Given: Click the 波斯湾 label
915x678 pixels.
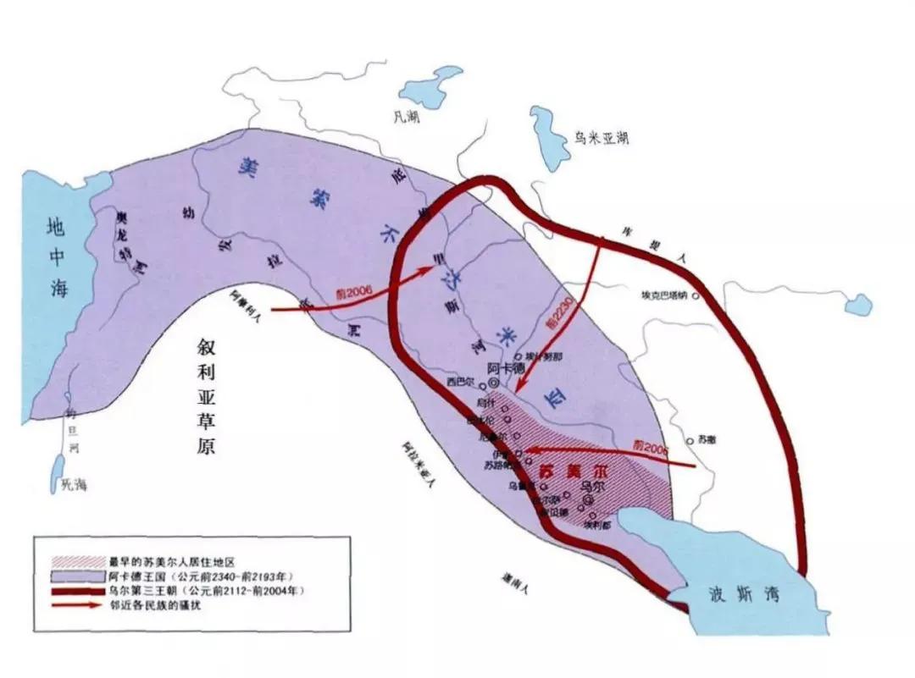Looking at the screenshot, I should tap(734, 594).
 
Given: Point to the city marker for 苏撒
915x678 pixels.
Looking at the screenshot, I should tap(690, 440).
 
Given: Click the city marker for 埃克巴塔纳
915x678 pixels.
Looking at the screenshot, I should tap(696, 296).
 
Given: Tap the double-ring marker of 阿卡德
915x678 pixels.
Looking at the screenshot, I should tap(493, 383).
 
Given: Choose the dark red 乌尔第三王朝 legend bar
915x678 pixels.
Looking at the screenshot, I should tap(70, 588).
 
